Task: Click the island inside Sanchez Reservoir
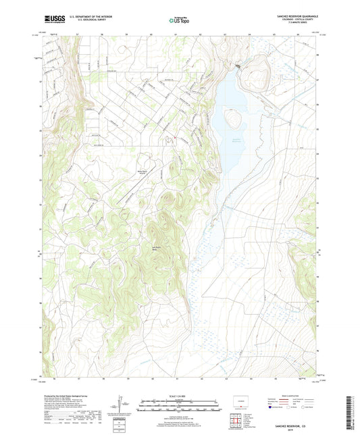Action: point(234,121)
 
